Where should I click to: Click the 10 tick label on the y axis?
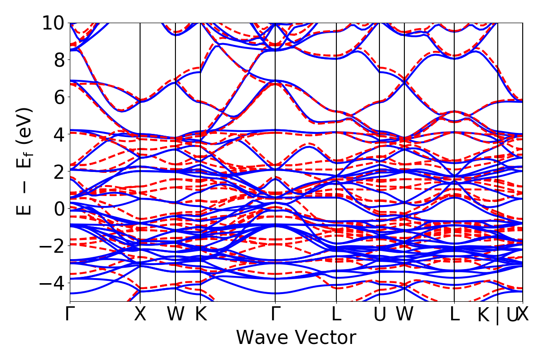[x=54, y=23]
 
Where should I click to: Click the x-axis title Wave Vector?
[x=296, y=338]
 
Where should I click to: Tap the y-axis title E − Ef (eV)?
[x=25, y=161]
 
